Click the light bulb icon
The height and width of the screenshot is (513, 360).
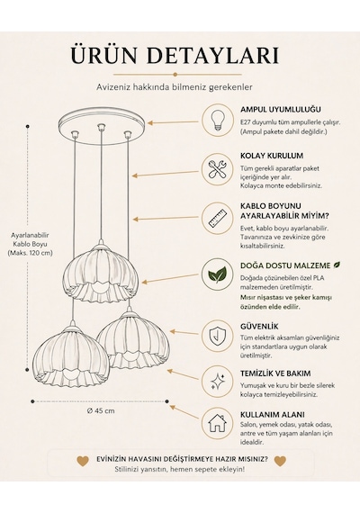tap(217, 121)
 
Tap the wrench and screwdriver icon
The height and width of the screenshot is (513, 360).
tap(217, 169)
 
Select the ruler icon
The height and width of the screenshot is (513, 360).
tap(217, 218)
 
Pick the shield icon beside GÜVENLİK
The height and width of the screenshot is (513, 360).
tap(218, 336)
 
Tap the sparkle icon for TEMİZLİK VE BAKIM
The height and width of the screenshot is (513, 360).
tap(217, 382)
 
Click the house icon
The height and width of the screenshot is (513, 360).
tap(217, 423)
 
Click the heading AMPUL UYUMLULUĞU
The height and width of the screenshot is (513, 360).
tap(281, 109)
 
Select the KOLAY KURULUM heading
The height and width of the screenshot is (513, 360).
tap(272, 156)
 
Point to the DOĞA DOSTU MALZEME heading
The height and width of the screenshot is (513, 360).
tap(286, 265)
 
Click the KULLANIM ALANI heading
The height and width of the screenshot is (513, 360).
tap(273, 415)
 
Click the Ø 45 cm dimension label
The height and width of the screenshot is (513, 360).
tap(101, 411)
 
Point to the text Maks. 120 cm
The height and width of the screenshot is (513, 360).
tap(30, 253)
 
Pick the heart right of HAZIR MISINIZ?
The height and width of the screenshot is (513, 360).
tap(280, 461)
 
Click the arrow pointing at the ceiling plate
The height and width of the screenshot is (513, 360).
tap(173, 122)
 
